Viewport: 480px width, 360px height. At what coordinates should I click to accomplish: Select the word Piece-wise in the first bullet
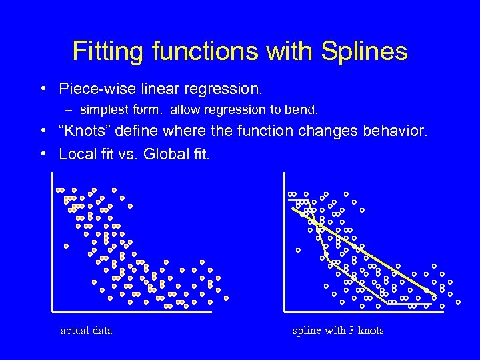[x=93, y=89]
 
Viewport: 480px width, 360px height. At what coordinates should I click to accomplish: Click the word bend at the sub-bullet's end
[x=305, y=109]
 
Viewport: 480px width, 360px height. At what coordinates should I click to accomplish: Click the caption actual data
[x=87, y=330]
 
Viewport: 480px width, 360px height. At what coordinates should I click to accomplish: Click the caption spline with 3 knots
[x=338, y=330]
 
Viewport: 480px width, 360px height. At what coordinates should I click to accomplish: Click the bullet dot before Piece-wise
[x=43, y=89]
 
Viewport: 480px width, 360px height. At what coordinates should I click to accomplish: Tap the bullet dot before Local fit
[x=43, y=155]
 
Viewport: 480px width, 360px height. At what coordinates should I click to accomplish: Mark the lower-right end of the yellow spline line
[x=436, y=294]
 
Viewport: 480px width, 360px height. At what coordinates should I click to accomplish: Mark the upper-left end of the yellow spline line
[x=293, y=209]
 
